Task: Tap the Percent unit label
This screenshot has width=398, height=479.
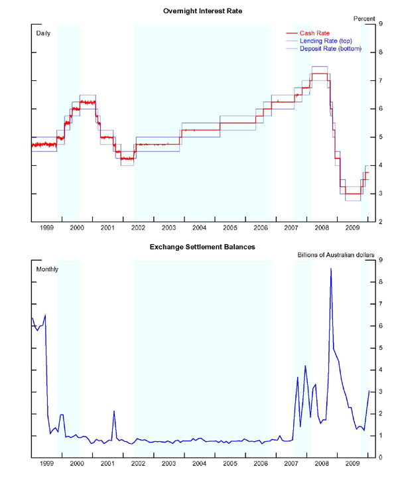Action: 364,19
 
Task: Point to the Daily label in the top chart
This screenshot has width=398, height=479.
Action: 43,33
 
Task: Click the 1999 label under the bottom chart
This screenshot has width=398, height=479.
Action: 47,463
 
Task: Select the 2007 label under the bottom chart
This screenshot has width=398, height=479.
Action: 291,463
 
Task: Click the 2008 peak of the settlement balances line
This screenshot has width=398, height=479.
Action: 331,269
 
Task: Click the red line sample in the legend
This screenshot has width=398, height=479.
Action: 293,33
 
